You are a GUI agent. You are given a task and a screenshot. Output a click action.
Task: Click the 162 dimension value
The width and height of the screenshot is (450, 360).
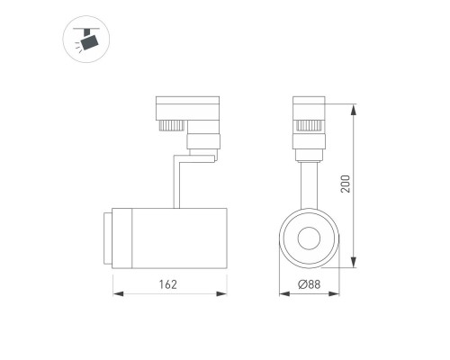coord(166,284)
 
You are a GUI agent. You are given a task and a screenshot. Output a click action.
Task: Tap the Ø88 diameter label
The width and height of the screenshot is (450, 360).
coord(308,284)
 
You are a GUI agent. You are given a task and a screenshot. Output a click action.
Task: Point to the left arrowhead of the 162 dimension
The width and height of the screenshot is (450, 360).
coord(115,293)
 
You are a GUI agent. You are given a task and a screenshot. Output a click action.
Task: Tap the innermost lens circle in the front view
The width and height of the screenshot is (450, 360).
coord(307,238)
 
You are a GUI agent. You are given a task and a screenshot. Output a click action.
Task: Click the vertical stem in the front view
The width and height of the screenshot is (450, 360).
coord(307,180)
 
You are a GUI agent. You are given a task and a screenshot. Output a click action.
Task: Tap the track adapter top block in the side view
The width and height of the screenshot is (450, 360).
coord(186,106)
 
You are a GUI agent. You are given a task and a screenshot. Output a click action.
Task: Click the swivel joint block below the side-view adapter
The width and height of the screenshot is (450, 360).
coord(202,141)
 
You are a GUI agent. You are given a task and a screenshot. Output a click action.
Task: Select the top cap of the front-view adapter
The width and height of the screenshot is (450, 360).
coord(307,99)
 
